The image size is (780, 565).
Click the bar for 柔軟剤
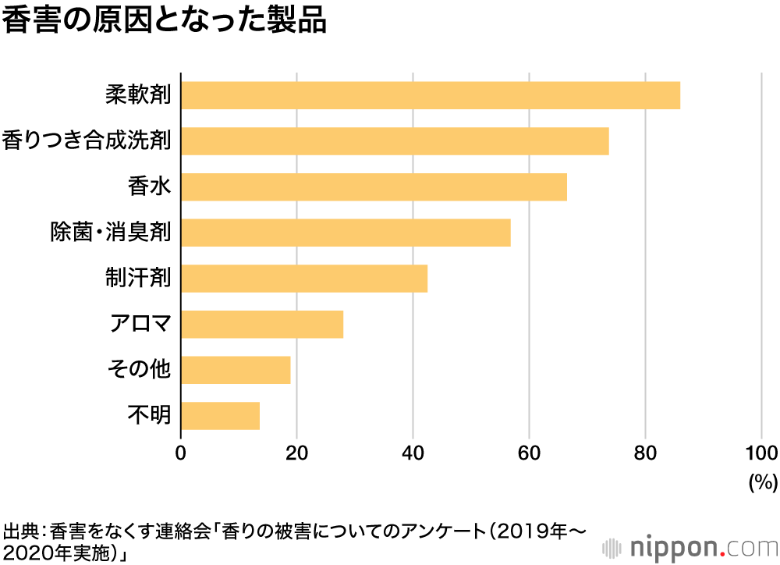click(431, 95)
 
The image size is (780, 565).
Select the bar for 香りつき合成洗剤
click(395, 141)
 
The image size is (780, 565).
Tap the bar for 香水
click(374, 187)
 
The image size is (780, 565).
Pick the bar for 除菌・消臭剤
click(346, 233)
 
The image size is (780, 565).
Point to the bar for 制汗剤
click(304, 279)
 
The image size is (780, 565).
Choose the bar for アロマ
click(262, 324)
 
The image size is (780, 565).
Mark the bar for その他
click(236, 369)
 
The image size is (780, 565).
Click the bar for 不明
click(220, 415)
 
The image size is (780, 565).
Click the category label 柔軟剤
click(138, 95)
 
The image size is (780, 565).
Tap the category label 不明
click(148, 415)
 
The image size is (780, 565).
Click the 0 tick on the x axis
click(181, 453)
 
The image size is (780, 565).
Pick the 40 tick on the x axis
click(413, 453)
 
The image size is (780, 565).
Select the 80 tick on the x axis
click(645, 453)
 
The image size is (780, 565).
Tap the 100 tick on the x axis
click(760, 453)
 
